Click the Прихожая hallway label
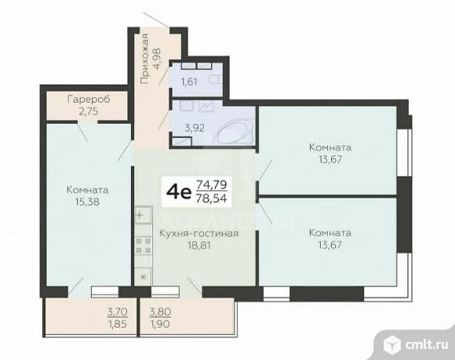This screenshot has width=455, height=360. point(144,59)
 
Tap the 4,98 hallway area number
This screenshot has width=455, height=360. point(158,59)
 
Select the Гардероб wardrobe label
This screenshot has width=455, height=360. point(89,100)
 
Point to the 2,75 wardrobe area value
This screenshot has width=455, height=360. point(89,111)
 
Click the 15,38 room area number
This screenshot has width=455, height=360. point(87,202)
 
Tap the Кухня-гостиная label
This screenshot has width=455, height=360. point(199,233)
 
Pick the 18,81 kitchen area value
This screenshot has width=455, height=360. point(199,245)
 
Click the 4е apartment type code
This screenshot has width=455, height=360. point(179,191)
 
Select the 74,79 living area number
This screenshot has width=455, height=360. point(212,184)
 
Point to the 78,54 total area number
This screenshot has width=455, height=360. point(212,198)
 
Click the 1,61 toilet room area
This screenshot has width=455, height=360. point(189,82)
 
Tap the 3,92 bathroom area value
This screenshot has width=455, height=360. point(195,128)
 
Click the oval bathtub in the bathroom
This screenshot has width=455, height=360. point(235,133)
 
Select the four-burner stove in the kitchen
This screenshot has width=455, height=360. point(144,245)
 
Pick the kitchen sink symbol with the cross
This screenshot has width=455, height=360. point(143,215)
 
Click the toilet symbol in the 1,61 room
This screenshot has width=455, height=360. point(216,79)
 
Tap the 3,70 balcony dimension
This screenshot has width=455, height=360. point(117,312)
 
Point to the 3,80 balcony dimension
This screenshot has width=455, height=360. point(160,312)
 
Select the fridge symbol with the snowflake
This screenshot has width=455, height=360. point(143,276)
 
